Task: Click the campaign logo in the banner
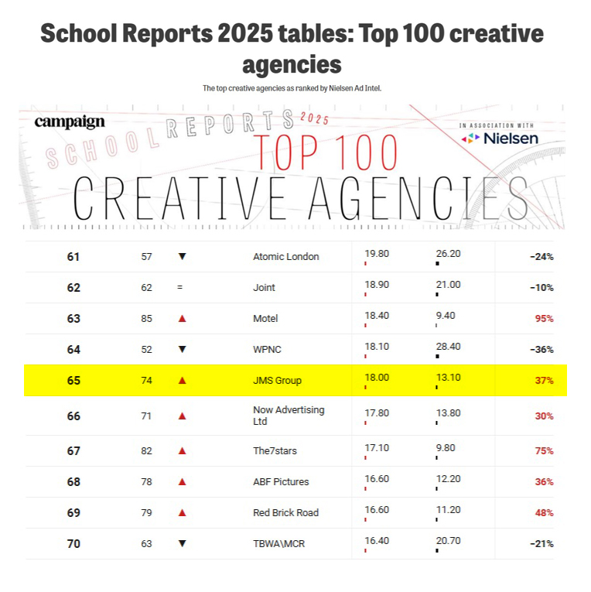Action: coord(70,121)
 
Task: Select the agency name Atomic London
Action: coord(285,256)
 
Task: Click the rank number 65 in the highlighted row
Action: coord(73,380)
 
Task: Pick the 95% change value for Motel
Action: coord(544,318)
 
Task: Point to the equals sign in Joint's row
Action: coord(179,287)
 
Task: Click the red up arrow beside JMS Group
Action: coord(183,380)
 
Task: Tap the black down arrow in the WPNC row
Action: coord(183,349)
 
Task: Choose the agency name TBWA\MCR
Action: coord(278,543)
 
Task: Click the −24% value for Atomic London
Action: coord(541,256)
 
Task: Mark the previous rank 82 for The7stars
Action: coord(146,450)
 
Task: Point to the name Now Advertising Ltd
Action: coord(289,416)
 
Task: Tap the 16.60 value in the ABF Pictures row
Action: coord(377,478)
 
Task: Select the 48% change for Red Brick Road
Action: coord(544,512)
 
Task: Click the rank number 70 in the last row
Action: coord(73,543)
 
